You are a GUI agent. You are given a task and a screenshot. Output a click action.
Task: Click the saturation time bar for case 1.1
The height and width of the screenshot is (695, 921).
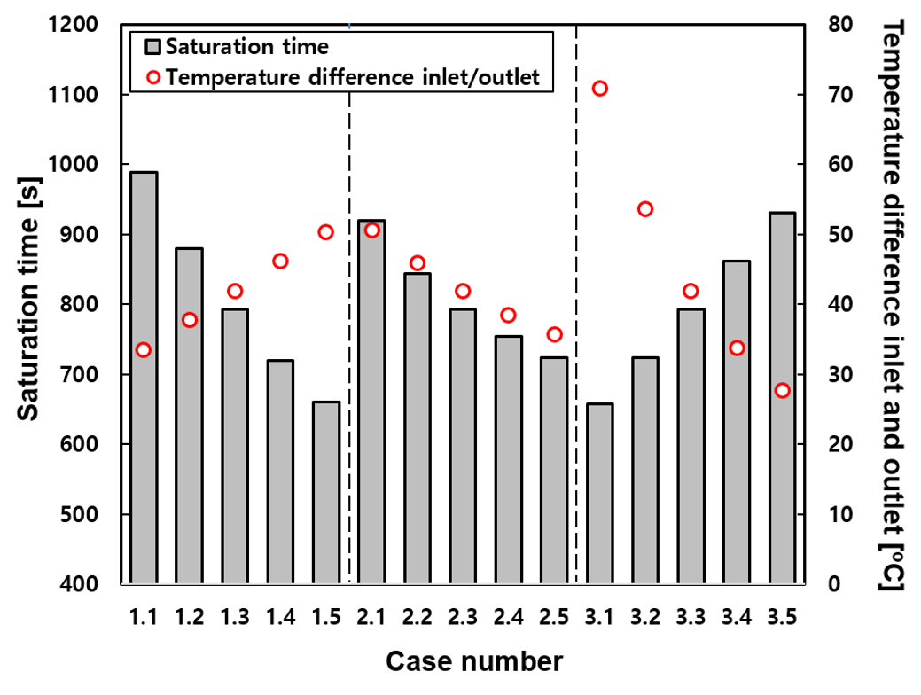pos(144,378)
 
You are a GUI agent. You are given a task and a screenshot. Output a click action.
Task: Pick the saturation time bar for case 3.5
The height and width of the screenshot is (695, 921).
pos(781,398)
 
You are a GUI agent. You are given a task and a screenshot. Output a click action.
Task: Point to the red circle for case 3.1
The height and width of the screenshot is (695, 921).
pos(599,88)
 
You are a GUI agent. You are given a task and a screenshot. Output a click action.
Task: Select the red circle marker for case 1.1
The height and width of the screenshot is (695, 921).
pos(144,349)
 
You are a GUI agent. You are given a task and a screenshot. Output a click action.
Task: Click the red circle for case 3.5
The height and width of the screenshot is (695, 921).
pos(781,390)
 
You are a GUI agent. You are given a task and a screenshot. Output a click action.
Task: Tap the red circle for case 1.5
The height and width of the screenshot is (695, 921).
pos(325,232)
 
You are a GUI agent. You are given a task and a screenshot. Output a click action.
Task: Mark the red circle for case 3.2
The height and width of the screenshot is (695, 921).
pos(644,209)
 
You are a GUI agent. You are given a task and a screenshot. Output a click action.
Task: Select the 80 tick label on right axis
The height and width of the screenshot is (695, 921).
pos(839,25)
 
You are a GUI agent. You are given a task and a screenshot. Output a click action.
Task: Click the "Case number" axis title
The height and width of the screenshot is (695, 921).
pos(473,660)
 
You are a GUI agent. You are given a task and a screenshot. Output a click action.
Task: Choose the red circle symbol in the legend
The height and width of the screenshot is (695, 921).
pos(153,77)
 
